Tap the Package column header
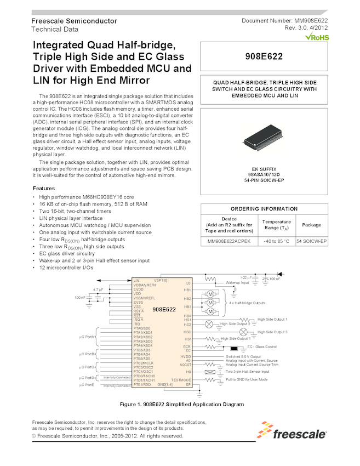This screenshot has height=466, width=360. (x=311, y=225)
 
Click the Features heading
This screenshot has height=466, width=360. (x=48, y=188)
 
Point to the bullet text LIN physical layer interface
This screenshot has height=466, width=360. (x=71, y=218)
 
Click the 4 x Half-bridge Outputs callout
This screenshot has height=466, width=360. (x=247, y=303)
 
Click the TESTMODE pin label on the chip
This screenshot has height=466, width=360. (x=181, y=379)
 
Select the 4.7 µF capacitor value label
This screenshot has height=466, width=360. (x=99, y=289)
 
